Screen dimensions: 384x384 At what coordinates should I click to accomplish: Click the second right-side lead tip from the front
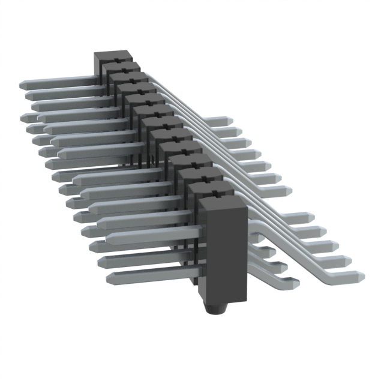(x=347, y=260)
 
